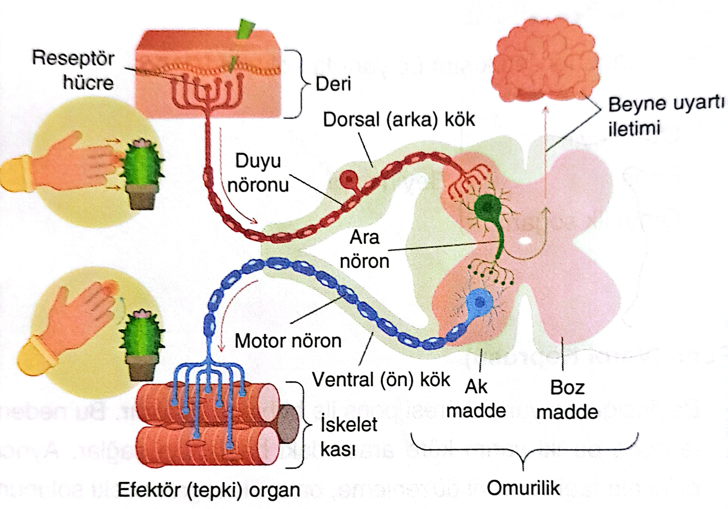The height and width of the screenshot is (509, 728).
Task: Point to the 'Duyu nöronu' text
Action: click(258, 173)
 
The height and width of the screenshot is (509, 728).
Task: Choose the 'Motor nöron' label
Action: click(288, 341)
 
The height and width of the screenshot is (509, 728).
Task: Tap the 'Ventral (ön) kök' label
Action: click(381, 379)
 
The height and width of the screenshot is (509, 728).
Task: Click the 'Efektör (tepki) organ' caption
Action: click(209, 490)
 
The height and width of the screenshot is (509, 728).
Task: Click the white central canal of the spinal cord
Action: click(525, 241)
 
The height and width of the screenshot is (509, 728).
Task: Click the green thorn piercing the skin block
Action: click(246, 30)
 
